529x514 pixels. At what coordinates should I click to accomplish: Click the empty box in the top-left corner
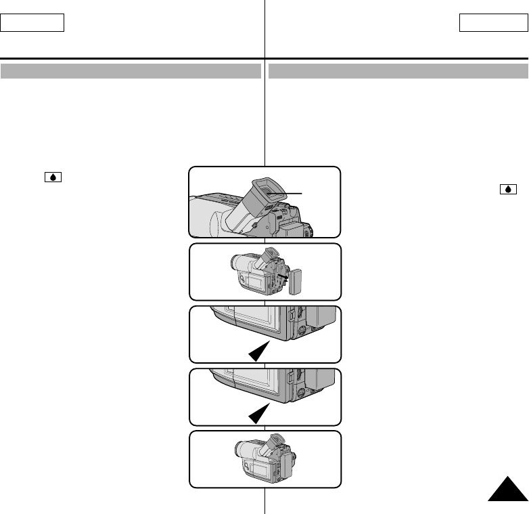point(32,22)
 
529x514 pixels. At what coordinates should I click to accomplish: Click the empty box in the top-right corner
point(492,22)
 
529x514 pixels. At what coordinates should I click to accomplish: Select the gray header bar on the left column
point(131,71)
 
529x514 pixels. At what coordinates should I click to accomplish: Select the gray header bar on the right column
point(398,71)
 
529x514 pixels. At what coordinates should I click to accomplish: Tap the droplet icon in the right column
point(507,190)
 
